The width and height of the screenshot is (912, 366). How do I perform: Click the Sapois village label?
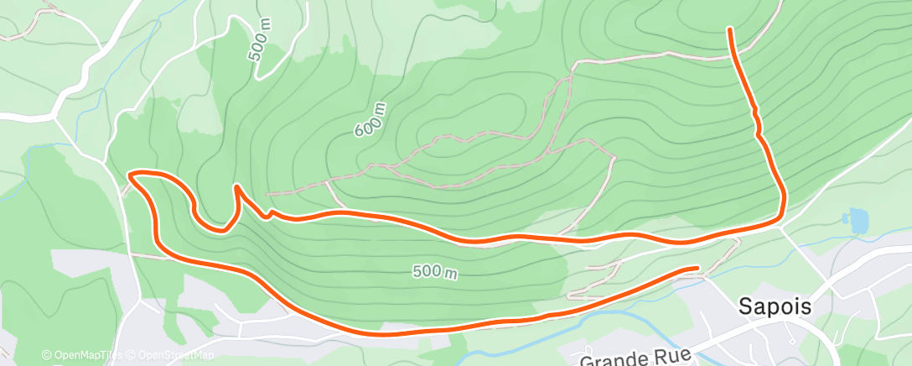coord(775,307)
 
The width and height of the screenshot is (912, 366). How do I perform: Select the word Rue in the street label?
coord(675,356)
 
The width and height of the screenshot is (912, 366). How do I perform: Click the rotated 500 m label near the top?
coord(261,41)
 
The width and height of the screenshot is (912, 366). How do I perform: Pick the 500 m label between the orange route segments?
coord(434,272)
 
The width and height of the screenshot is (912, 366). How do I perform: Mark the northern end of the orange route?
coord(731,30)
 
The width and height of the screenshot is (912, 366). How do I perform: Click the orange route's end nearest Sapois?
coord(696,269)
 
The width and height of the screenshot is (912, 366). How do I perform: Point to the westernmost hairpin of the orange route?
coord(131,175)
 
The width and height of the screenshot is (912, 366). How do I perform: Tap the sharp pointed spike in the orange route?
coord(237,186)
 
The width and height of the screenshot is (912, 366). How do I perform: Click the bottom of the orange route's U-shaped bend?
coord(216,227)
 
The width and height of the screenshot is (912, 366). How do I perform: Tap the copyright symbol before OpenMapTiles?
coord(46,356)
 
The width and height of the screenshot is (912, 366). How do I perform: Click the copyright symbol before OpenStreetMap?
coord(131,356)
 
